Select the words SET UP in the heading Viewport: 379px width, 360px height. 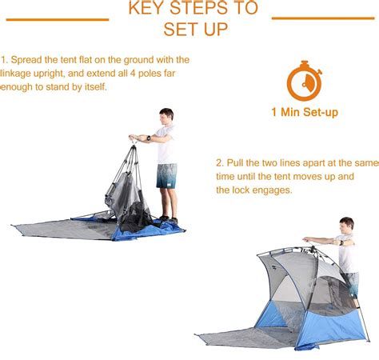[x=195, y=30]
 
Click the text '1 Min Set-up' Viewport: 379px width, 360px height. [x=304, y=113]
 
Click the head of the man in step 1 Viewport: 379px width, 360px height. [x=166, y=115]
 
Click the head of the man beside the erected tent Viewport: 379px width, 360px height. [x=345, y=226]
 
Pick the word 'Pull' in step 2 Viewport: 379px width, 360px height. [x=237, y=162]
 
